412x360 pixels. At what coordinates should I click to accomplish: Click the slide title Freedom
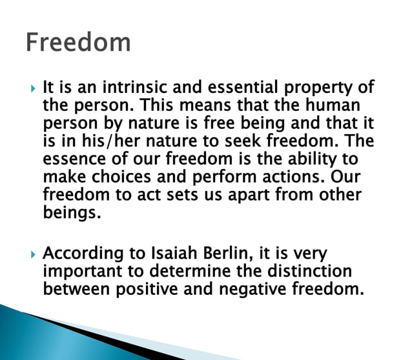[78, 42]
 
